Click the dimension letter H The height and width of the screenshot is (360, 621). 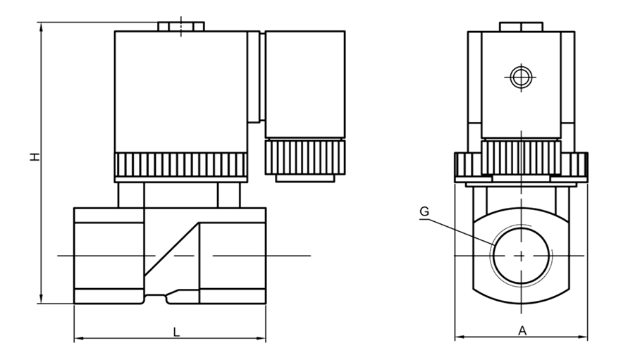(36, 157)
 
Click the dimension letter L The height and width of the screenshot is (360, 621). (177, 332)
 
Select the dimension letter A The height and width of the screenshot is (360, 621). (523, 330)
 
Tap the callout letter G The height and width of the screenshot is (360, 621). (424, 211)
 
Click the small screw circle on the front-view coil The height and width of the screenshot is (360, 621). (520, 77)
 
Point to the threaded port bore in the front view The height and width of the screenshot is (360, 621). (522, 256)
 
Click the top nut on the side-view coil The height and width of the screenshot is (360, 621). (181, 27)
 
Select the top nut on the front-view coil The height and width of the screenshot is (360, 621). (521, 27)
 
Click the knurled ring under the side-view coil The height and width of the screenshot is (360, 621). (181, 165)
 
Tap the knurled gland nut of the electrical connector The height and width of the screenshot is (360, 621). (305, 156)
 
